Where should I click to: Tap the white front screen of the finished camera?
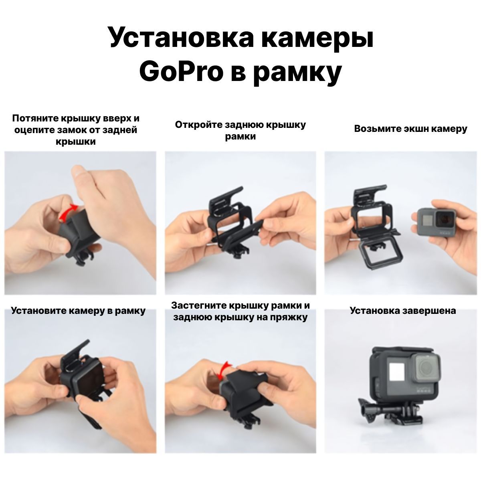pos(397,372)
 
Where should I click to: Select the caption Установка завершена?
pos(402,311)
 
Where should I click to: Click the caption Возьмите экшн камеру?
pos(410,129)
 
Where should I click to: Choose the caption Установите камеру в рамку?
pos(78,311)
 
